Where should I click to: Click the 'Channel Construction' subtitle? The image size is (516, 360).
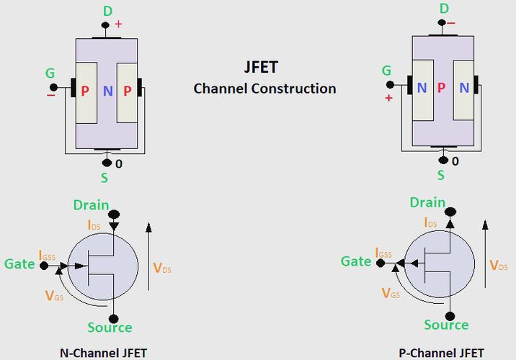264,89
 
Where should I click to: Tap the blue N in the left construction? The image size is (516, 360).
108,91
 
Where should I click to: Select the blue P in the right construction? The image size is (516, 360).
441,88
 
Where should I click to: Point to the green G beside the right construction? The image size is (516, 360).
387,71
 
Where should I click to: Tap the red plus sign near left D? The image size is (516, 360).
118,24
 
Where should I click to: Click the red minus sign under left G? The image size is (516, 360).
50,94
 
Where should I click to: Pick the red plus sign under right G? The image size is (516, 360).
389,97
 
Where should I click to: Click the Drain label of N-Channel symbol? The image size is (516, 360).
91,205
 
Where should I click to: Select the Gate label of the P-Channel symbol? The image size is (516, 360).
356,261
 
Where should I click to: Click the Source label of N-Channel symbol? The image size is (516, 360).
110,328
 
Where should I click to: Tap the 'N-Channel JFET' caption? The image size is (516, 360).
103,353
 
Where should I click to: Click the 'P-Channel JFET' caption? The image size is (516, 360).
442,353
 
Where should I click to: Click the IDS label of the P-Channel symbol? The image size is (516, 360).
431,222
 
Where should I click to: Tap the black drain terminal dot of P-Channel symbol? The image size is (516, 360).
450,212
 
